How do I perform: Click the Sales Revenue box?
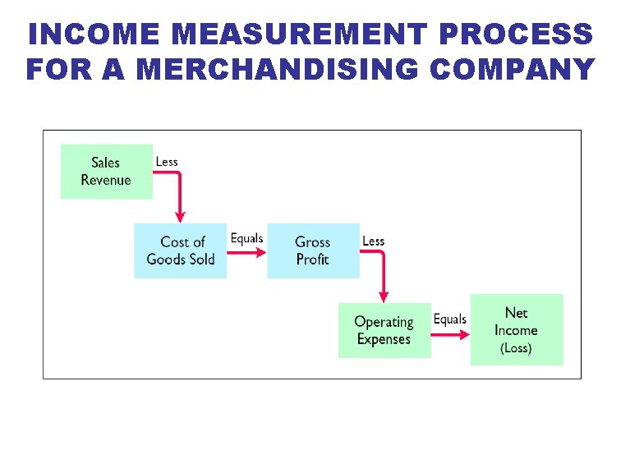[107, 172]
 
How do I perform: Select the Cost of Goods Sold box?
[181, 250]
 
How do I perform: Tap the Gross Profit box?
[313, 250]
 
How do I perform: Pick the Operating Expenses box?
[384, 330]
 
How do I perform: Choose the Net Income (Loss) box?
[517, 329]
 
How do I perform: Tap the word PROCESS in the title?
[516, 34]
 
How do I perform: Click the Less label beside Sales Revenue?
[167, 162]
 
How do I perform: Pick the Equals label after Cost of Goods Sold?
[246, 239]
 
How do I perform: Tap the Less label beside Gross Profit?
[373, 241]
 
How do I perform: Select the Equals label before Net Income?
[449, 319]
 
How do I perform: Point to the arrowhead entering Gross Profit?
[261, 252]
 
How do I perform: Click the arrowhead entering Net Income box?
[464, 334]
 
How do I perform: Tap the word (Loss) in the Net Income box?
[516, 348]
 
